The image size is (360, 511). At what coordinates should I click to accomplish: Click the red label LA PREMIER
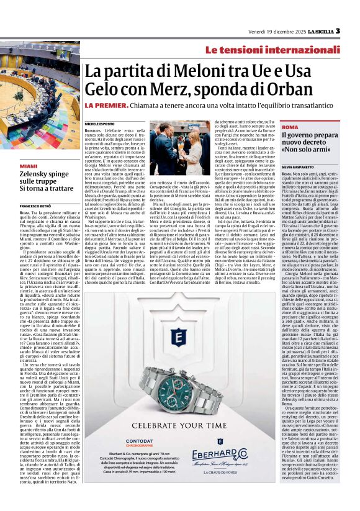click(x=107, y=105)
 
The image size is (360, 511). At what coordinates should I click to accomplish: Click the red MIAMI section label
click(x=28, y=166)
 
